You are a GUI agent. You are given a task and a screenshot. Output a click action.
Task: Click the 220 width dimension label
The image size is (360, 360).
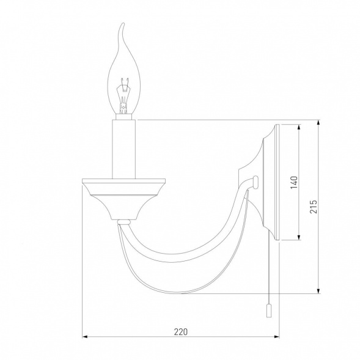(x=181, y=332)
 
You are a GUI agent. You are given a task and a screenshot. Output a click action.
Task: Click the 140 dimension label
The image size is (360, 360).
(x=294, y=183)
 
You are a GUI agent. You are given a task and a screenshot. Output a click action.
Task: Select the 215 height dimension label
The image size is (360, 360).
(x=314, y=207)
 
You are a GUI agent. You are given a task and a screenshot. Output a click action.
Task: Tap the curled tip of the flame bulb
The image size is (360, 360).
(x=123, y=23)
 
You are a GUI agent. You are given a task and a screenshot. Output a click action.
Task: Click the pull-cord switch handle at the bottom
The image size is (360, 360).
(x=269, y=310)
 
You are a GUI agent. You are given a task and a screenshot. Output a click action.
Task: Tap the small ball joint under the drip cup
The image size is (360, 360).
(x=124, y=222)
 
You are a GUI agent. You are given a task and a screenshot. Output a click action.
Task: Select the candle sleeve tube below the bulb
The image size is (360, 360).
(x=123, y=149)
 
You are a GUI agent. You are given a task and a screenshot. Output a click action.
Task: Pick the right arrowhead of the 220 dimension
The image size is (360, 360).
(x=276, y=337)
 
